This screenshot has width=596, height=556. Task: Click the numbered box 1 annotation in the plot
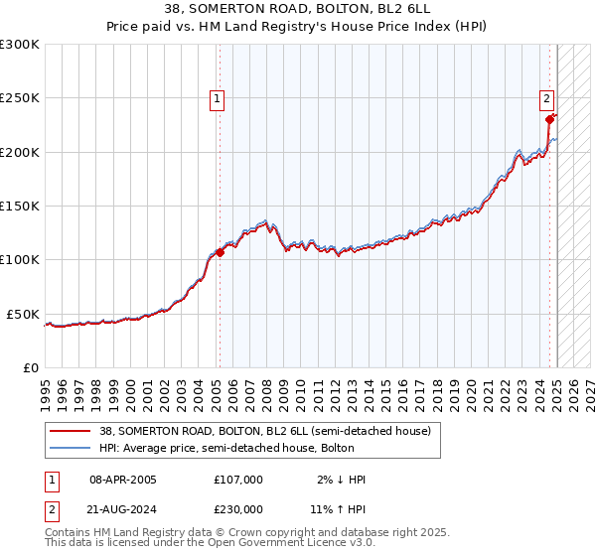217,98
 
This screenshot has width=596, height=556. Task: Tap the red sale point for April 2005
220,252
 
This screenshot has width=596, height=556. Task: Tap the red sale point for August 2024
549,120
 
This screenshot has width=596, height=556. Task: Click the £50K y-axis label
23,314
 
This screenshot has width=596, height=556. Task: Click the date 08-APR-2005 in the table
123,480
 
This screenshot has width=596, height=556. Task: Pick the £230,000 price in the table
238,508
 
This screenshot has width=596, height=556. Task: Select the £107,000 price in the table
238,480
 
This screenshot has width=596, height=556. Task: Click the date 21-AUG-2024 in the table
123,508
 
